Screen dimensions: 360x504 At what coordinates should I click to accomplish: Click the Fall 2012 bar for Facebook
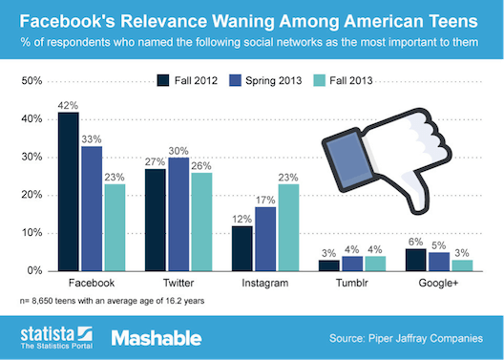point(68,192)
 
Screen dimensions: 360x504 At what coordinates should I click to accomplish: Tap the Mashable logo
point(155,336)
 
